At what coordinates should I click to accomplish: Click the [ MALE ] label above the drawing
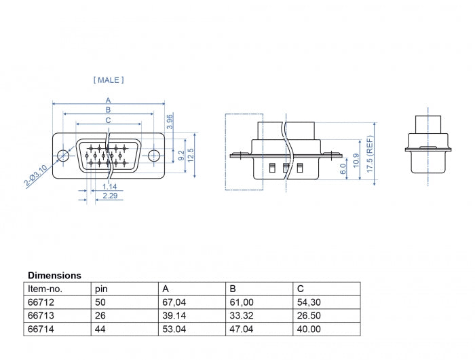[109, 80]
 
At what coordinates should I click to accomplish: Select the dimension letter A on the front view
[108, 100]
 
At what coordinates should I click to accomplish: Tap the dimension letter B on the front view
[108, 109]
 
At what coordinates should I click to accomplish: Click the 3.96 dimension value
[170, 122]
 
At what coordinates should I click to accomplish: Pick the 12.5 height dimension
[191, 156]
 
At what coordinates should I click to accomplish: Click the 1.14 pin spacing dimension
[109, 186]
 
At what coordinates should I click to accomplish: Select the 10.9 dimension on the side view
[357, 164]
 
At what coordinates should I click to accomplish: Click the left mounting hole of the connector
[63, 156]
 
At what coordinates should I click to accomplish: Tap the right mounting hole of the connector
[154, 156]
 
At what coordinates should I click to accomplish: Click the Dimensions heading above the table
[54, 276]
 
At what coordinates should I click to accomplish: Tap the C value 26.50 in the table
[309, 315]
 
